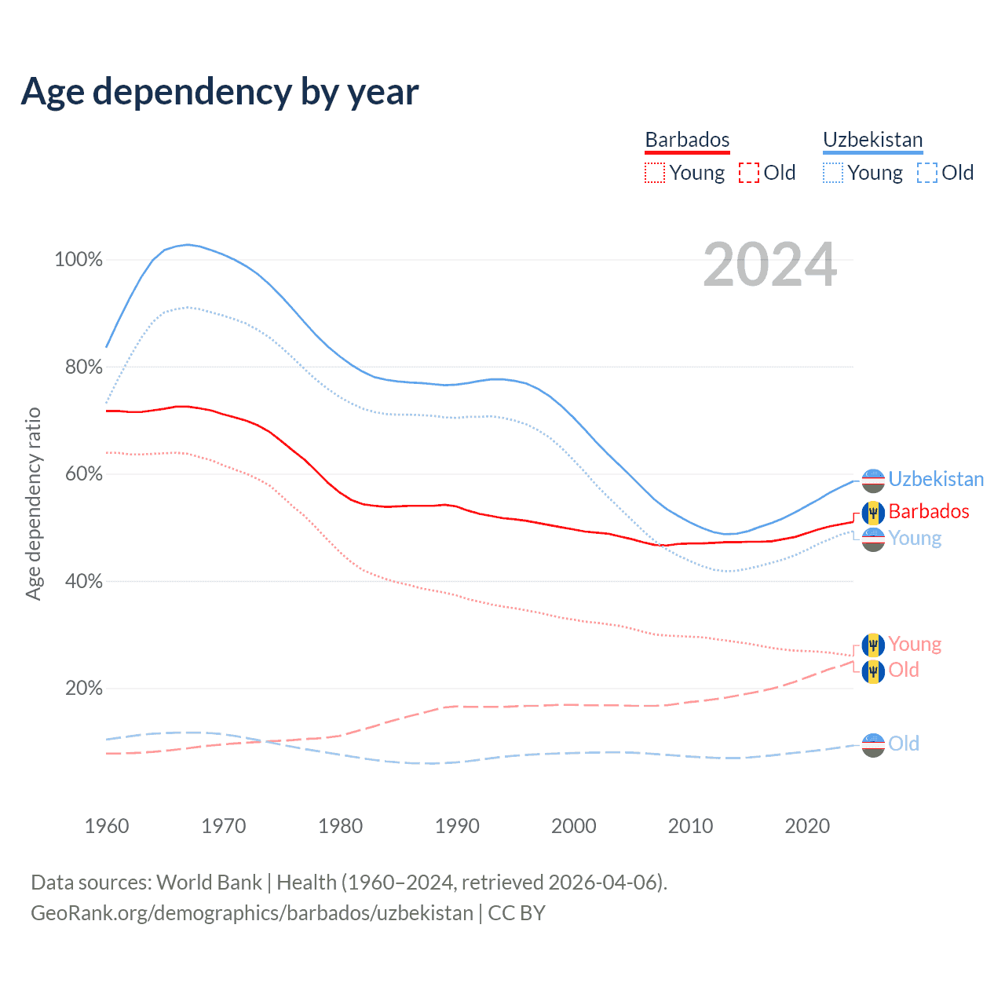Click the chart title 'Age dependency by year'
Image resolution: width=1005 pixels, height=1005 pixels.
[x=220, y=91]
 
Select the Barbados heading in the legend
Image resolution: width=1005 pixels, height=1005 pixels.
[x=687, y=140]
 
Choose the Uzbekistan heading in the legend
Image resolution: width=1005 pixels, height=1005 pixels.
[x=872, y=140]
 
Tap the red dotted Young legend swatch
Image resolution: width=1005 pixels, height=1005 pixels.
[x=654, y=173]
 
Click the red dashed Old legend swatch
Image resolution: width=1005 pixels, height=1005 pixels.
[x=749, y=173]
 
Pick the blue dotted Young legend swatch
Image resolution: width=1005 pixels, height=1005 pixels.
[x=833, y=173]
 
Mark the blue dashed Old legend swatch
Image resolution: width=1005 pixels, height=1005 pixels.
[x=927, y=173]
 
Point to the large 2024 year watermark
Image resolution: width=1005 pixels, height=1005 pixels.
[x=770, y=265]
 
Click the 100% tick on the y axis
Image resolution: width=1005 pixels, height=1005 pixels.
[x=79, y=260]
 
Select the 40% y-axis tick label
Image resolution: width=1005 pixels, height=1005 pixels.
[x=82, y=582]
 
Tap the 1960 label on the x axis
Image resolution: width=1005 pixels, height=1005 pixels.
[x=107, y=826]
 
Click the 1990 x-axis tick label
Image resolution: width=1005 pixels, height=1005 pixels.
[x=457, y=826]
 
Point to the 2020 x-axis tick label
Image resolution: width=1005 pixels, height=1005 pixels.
[x=807, y=826]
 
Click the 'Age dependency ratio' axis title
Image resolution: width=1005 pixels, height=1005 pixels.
[x=33, y=503]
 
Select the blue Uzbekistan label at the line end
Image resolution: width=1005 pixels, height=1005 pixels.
[x=936, y=479]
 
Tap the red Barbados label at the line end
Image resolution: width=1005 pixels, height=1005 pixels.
[x=929, y=511]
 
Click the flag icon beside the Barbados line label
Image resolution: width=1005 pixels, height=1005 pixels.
[x=873, y=513]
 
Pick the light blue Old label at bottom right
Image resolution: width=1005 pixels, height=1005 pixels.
[x=904, y=744]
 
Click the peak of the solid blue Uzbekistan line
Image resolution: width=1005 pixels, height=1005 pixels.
[x=188, y=244]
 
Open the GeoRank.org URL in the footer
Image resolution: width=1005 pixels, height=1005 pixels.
[x=252, y=913]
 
